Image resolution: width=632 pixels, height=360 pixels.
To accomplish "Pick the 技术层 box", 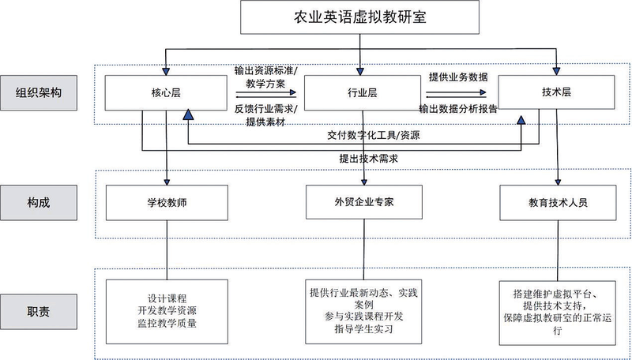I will pyautogui.click(x=558, y=93).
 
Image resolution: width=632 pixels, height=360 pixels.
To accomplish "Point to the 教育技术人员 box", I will pyautogui.click(x=558, y=201).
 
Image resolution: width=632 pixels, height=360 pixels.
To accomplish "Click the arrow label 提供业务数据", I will pyautogui.click(x=458, y=77).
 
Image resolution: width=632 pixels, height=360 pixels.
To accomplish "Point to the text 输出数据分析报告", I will pyautogui.click(x=458, y=109).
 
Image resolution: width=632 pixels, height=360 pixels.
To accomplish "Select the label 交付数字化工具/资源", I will pyautogui.click(x=374, y=135).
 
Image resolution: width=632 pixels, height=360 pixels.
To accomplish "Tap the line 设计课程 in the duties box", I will pyautogui.click(x=167, y=298).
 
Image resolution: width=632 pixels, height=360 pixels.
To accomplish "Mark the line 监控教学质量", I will pyautogui.click(x=167, y=322).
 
